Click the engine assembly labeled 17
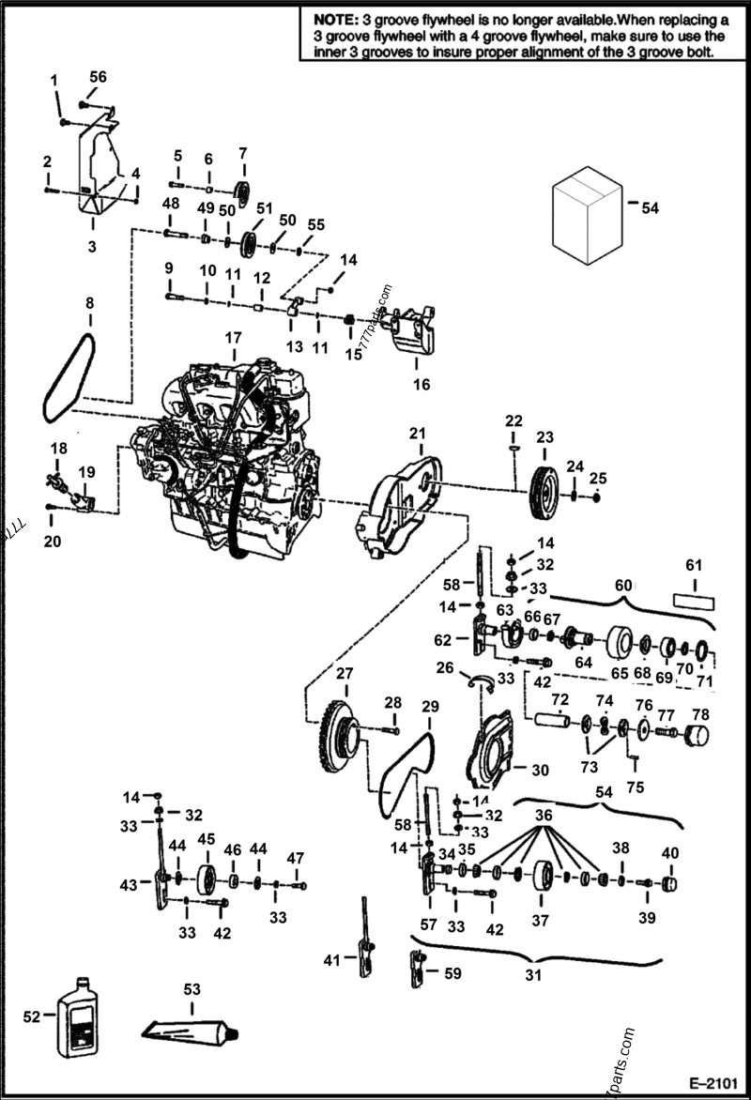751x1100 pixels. tap(230, 451)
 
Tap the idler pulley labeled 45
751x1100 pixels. tap(207, 879)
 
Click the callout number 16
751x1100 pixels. tap(421, 384)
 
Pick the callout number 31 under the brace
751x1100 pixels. tap(533, 974)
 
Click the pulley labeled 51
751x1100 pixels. tap(251, 243)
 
